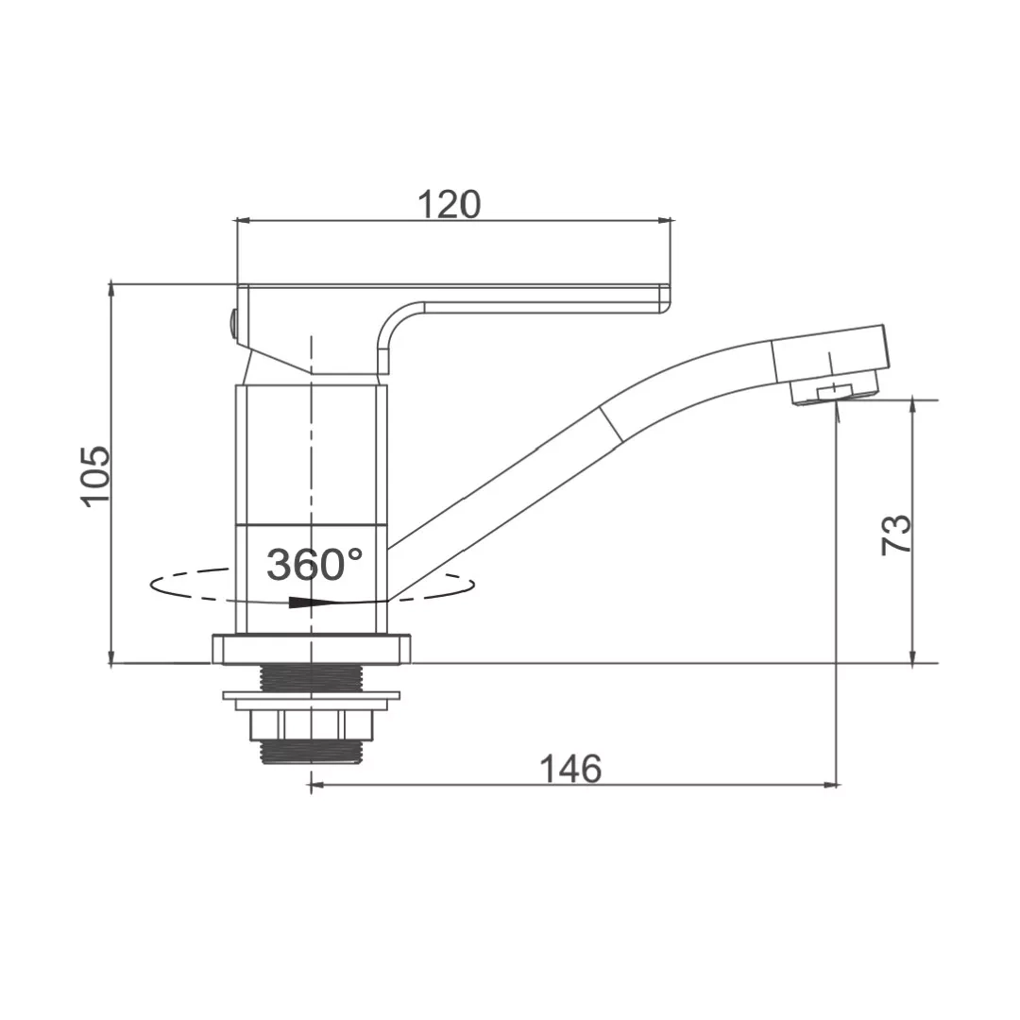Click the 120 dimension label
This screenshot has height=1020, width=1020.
click(449, 204)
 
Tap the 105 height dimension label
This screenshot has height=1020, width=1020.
click(95, 475)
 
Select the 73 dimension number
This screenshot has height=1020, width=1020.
click(895, 534)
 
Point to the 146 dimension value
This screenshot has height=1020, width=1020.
click(570, 769)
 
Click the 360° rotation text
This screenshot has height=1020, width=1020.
click(314, 564)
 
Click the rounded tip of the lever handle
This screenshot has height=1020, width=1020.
click(665, 298)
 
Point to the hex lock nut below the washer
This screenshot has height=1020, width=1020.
click(312, 725)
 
